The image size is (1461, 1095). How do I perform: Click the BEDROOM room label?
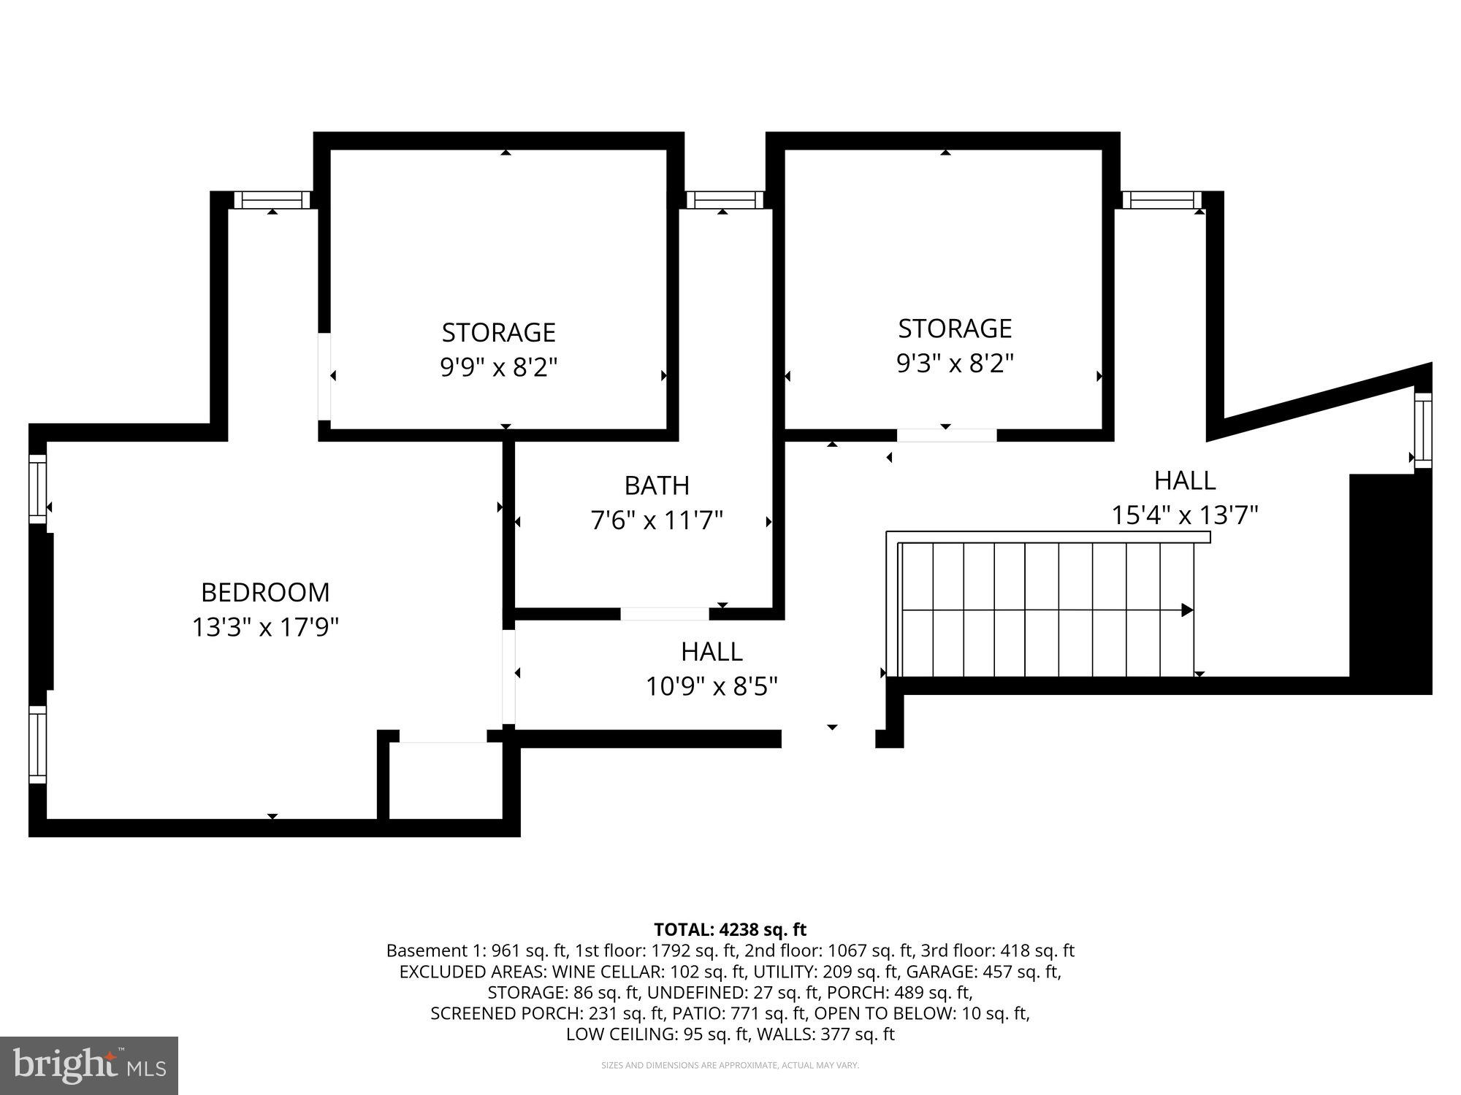coord(265,592)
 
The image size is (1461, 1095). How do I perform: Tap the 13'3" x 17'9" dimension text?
coord(265,627)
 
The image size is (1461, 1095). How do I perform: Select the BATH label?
coord(657,485)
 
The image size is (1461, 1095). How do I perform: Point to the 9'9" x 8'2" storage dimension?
coord(498,367)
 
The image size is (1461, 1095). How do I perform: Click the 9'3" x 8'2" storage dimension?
coord(955,364)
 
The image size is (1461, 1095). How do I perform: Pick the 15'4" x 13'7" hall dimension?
coord(1184,515)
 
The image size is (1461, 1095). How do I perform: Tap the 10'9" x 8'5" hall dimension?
coord(712,687)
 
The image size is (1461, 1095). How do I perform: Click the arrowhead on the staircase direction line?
coord(1188,610)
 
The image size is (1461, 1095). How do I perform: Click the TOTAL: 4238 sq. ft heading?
coord(730,929)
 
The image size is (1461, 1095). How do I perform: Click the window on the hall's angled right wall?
coord(1422,431)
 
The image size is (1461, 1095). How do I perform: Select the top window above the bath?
coord(725,200)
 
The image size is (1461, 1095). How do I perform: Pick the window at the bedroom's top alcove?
coord(272,200)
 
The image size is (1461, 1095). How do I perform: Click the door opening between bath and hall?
coord(664,614)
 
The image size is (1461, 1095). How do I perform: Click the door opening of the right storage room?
coord(947,435)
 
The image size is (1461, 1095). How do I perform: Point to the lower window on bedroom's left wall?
coord(37,744)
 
